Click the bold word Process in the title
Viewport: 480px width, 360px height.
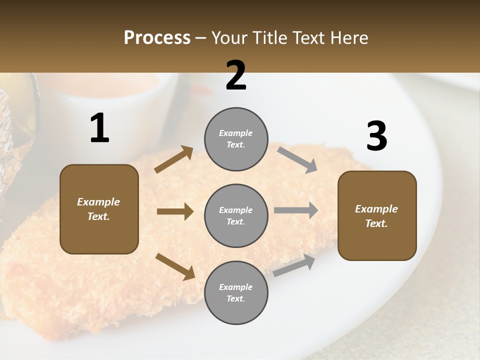tap(157, 37)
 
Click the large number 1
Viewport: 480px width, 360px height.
tap(99, 128)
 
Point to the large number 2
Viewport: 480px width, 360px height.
tap(236, 75)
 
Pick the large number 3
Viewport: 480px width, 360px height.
tap(376, 136)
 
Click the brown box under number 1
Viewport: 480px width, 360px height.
tap(99, 209)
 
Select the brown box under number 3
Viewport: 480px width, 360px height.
tap(377, 215)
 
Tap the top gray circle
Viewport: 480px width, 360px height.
tap(236, 139)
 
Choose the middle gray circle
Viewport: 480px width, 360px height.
tap(236, 215)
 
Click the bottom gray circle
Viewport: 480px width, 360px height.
tap(236, 292)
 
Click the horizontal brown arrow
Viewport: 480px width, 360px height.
tap(175, 211)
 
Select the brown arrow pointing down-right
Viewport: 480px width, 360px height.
tap(175, 266)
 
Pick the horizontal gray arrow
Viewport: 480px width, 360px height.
tap(296, 210)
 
